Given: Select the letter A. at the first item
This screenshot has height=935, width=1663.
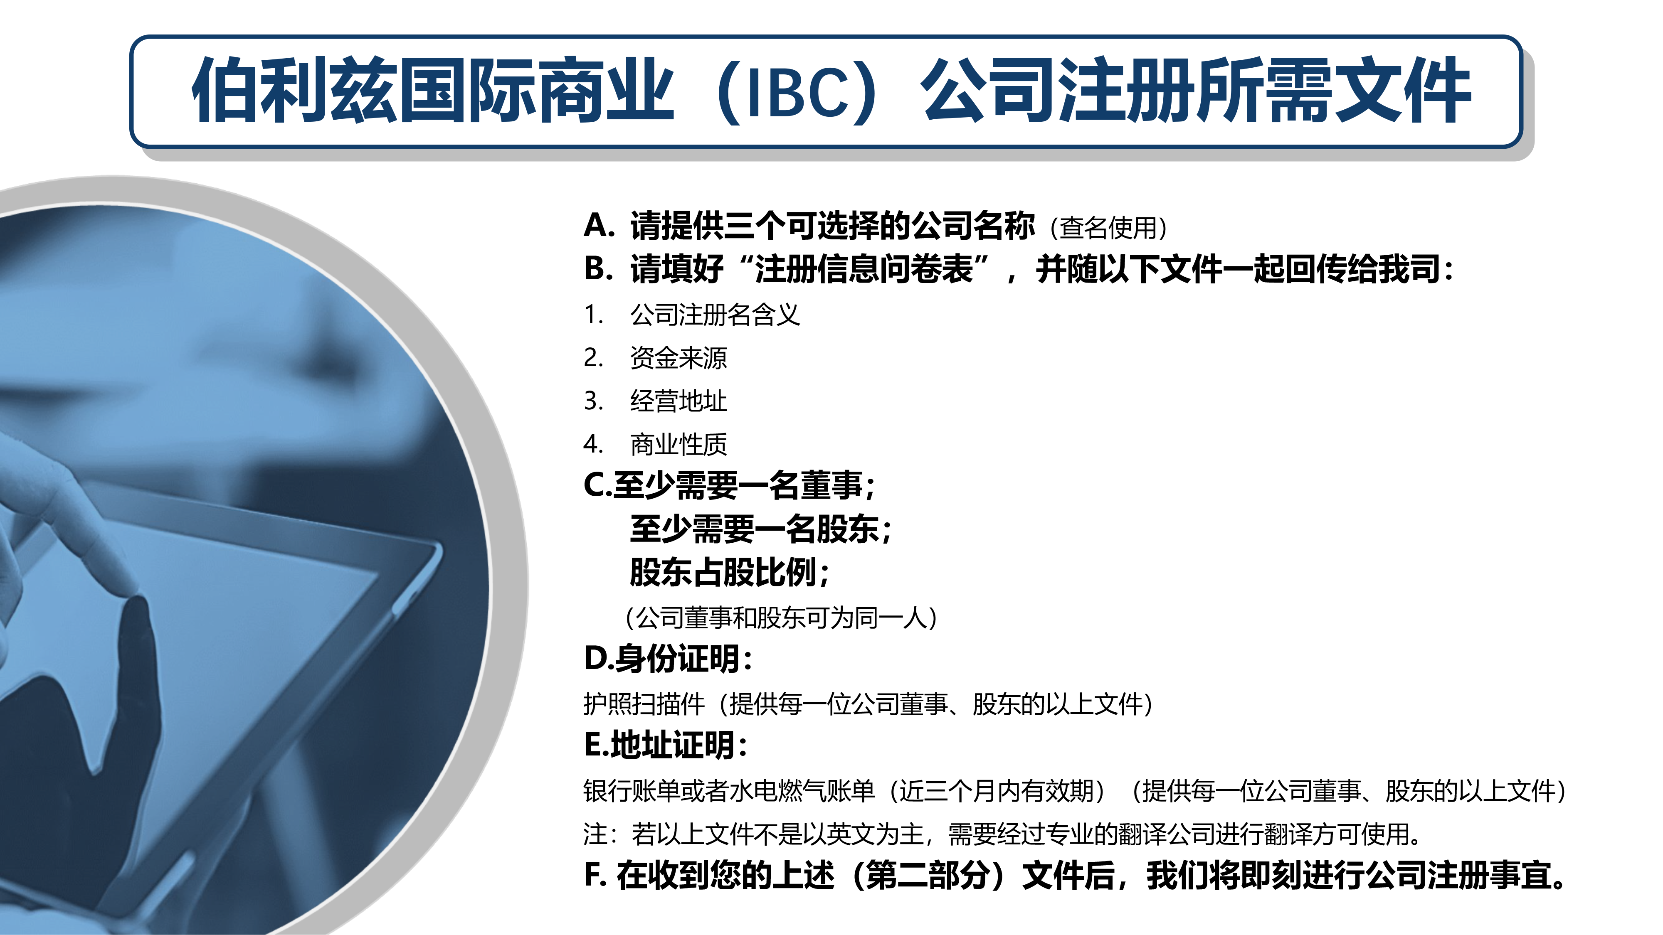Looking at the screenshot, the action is coord(598,225).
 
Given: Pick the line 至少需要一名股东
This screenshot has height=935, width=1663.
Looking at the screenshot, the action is coord(760,529).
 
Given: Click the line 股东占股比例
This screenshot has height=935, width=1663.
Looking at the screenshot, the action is coord(730,572).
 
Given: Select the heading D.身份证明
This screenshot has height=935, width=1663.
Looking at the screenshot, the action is coord(668,659).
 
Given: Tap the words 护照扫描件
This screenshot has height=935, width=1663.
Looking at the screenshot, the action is coord(644,704).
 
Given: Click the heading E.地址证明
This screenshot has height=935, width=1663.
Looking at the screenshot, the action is coord(666,745).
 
